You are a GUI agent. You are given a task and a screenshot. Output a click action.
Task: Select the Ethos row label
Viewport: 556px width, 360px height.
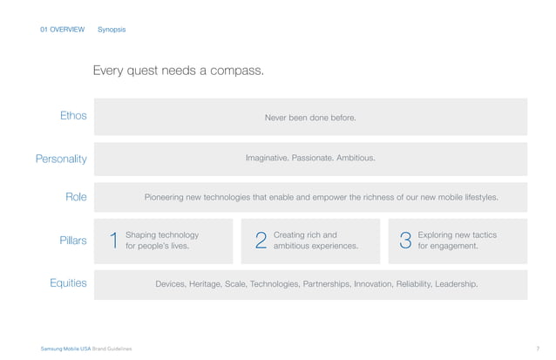click(x=73, y=116)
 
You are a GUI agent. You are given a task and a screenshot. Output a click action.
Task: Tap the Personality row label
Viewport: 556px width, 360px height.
click(x=61, y=159)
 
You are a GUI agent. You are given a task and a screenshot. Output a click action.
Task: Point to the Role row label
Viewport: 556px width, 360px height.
click(x=76, y=197)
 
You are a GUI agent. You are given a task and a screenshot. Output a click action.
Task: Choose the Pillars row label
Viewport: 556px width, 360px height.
click(x=72, y=240)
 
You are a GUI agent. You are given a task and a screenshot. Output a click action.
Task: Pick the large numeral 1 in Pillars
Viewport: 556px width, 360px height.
click(x=113, y=241)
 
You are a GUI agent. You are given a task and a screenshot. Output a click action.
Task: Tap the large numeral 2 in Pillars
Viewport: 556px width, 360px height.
click(x=261, y=241)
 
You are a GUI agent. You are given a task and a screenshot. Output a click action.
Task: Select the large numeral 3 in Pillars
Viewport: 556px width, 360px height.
click(x=404, y=241)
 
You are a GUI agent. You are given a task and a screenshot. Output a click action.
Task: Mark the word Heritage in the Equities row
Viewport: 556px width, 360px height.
click(x=205, y=284)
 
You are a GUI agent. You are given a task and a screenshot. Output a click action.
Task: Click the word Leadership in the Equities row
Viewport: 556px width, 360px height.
click(x=456, y=284)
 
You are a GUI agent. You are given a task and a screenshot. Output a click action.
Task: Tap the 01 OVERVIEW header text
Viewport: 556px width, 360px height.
click(x=63, y=30)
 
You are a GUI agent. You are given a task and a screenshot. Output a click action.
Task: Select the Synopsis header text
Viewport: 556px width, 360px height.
click(x=112, y=30)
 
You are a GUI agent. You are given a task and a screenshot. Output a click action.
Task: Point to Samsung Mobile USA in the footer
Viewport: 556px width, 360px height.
click(x=65, y=349)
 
